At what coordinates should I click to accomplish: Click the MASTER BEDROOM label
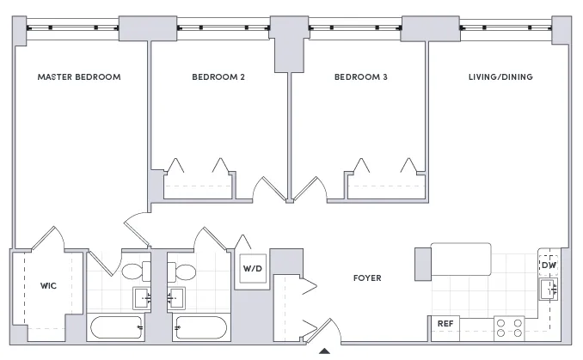click(79, 77)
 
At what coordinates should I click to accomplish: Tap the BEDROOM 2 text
click(218, 77)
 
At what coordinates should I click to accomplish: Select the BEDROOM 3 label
click(361, 77)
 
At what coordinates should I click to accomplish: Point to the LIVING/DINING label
click(500, 77)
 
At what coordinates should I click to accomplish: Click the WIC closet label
click(48, 285)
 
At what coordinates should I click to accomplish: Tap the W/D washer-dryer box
click(252, 268)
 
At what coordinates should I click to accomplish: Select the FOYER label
click(367, 278)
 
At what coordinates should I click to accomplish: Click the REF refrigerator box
click(445, 324)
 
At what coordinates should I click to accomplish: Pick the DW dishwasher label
click(549, 265)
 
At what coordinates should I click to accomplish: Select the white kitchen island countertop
click(461, 259)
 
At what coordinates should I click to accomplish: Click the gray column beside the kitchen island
click(421, 264)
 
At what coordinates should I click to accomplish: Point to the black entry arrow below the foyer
click(324, 351)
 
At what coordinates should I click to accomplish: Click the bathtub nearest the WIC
click(117, 327)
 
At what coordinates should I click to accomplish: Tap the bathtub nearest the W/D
click(199, 327)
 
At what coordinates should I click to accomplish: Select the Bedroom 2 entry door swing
click(270, 190)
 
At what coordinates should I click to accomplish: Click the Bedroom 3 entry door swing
click(310, 190)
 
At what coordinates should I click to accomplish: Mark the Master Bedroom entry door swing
click(139, 226)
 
